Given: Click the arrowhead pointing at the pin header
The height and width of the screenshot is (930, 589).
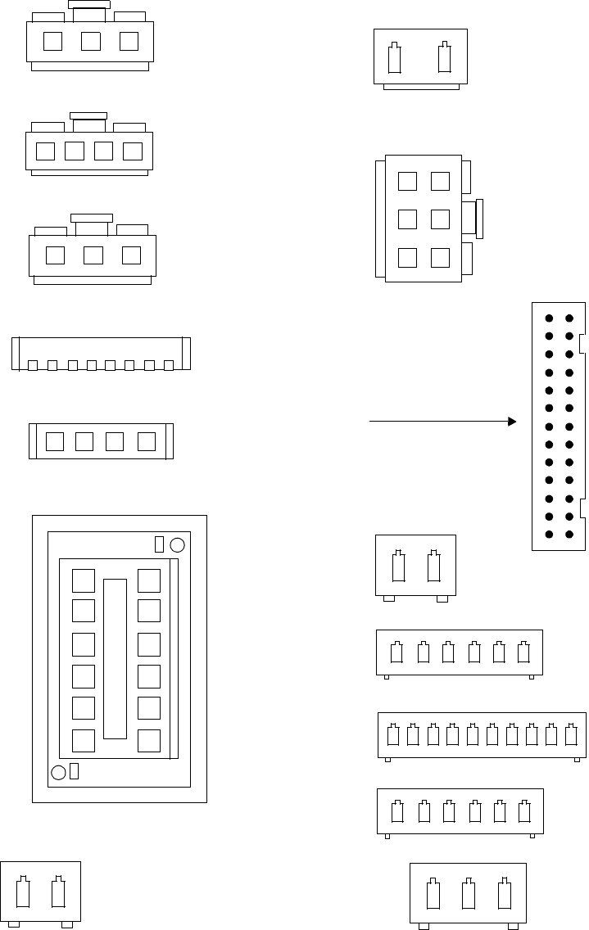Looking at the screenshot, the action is (x=512, y=422).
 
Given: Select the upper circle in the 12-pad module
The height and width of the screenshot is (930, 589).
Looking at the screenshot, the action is (x=177, y=545).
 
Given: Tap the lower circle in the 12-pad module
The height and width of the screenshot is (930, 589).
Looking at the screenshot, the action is (x=58, y=772).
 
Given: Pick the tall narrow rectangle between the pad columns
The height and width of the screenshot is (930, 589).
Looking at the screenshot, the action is (x=115, y=658).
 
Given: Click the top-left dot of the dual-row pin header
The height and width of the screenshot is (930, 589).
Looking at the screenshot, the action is (x=550, y=318).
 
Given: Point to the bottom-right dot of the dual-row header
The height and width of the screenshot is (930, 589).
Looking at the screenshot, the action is (x=569, y=535).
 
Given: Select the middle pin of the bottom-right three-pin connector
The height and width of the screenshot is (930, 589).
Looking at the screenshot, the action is (x=468, y=895).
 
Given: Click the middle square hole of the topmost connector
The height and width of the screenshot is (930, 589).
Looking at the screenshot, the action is (x=91, y=41).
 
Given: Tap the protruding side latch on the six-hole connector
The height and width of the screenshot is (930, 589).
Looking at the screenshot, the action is (x=479, y=219).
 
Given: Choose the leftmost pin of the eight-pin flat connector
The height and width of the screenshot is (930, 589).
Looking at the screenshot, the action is (x=33, y=365).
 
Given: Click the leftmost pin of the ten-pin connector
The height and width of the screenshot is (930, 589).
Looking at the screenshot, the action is (x=392, y=734).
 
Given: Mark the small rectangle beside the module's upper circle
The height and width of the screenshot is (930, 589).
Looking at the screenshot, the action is (x=159, y=545).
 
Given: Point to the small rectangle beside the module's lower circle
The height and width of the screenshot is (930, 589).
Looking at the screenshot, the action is (x=74, y=771).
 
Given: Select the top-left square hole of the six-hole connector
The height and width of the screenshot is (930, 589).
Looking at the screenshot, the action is (x=407, y=181).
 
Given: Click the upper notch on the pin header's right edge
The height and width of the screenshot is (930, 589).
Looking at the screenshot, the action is (x=582, y=344).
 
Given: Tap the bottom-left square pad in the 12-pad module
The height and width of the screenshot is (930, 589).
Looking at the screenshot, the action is (x=84, y=740).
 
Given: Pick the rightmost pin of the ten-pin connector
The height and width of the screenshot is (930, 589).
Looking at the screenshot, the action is (x=571, y=734).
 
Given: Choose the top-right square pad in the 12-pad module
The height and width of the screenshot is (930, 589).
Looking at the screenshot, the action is (x=149, y=580).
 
